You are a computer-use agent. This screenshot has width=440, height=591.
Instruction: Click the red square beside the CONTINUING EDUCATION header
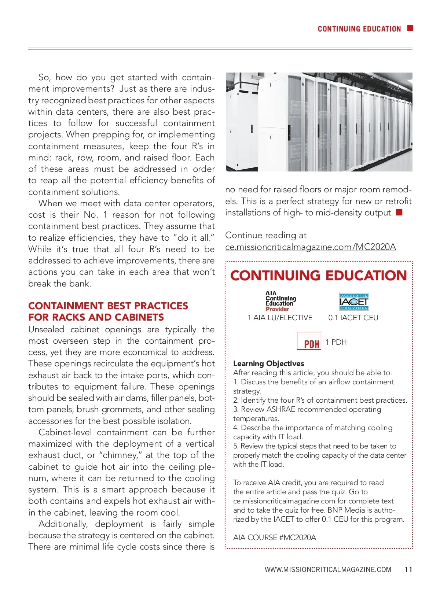click(410, 28)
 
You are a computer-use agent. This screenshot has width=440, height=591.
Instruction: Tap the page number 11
click(408, 569)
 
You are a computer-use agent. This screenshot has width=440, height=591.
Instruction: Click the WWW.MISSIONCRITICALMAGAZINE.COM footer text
click(328, 569)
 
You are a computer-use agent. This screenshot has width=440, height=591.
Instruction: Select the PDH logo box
click(309, 341)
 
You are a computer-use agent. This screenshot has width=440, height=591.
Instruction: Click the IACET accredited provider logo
click(354, 302)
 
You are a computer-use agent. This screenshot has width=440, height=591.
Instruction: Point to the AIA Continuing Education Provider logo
click(280, 301)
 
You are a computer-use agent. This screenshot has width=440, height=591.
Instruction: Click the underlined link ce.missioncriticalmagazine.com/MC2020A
click(310, 247)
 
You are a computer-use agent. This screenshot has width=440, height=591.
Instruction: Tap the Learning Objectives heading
click(268, 363)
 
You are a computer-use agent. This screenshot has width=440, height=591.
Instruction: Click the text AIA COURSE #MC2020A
click(274, 538)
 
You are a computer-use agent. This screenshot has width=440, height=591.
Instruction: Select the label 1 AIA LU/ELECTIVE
click(280, 318)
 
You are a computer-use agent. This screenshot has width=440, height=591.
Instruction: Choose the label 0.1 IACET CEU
click(353, 318)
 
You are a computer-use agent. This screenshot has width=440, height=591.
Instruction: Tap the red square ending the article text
click(399, 213)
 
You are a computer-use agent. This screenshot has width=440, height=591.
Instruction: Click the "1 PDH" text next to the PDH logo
click(336, 342)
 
